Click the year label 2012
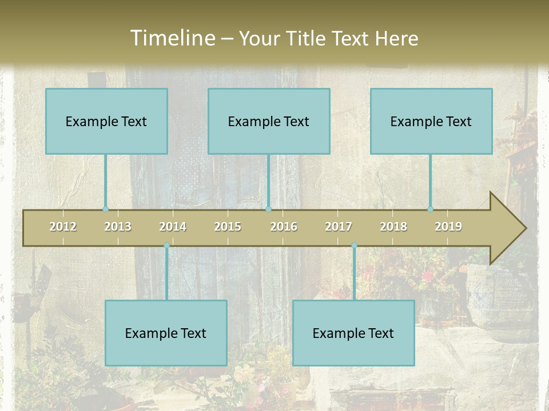pos(63,227)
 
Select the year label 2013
pos(118,227)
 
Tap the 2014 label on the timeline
pos(173,227)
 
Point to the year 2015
pos(228,227)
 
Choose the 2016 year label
pos(284,227)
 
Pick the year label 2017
pos(339,227)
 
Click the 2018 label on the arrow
pos(393,227)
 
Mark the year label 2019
pos(448,227)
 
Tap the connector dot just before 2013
pos(105,209)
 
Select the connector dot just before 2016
pos(268,209)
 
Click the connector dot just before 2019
pos(431,209)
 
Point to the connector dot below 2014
pos(166,245)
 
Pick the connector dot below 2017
pos(354,245)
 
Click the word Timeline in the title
pos(172,38)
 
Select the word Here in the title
pos(396,38)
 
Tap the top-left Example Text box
pos(106,121)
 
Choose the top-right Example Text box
pos(431,121)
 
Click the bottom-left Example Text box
pos(166,333)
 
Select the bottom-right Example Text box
pos(353,333)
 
